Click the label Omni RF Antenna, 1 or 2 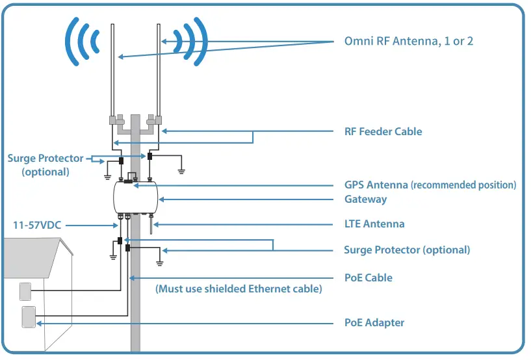click(x=408, y=41)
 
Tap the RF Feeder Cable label click(x=383, y=131)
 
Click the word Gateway click(x=365, y=199)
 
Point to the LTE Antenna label click(x=374, y=224)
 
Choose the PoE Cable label click(x=368, y=277)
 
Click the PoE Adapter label click(x=374, y=322)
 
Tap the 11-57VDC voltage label click(x=38, y=225)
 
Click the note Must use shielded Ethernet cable click(x=239, y=289)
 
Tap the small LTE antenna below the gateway click(x=151, y=225)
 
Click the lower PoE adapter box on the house click(x=29, y=317)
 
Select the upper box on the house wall click(x=25, y=290)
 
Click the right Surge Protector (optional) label click(x=406, y=250)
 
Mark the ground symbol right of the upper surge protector click(x=182, y=172)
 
